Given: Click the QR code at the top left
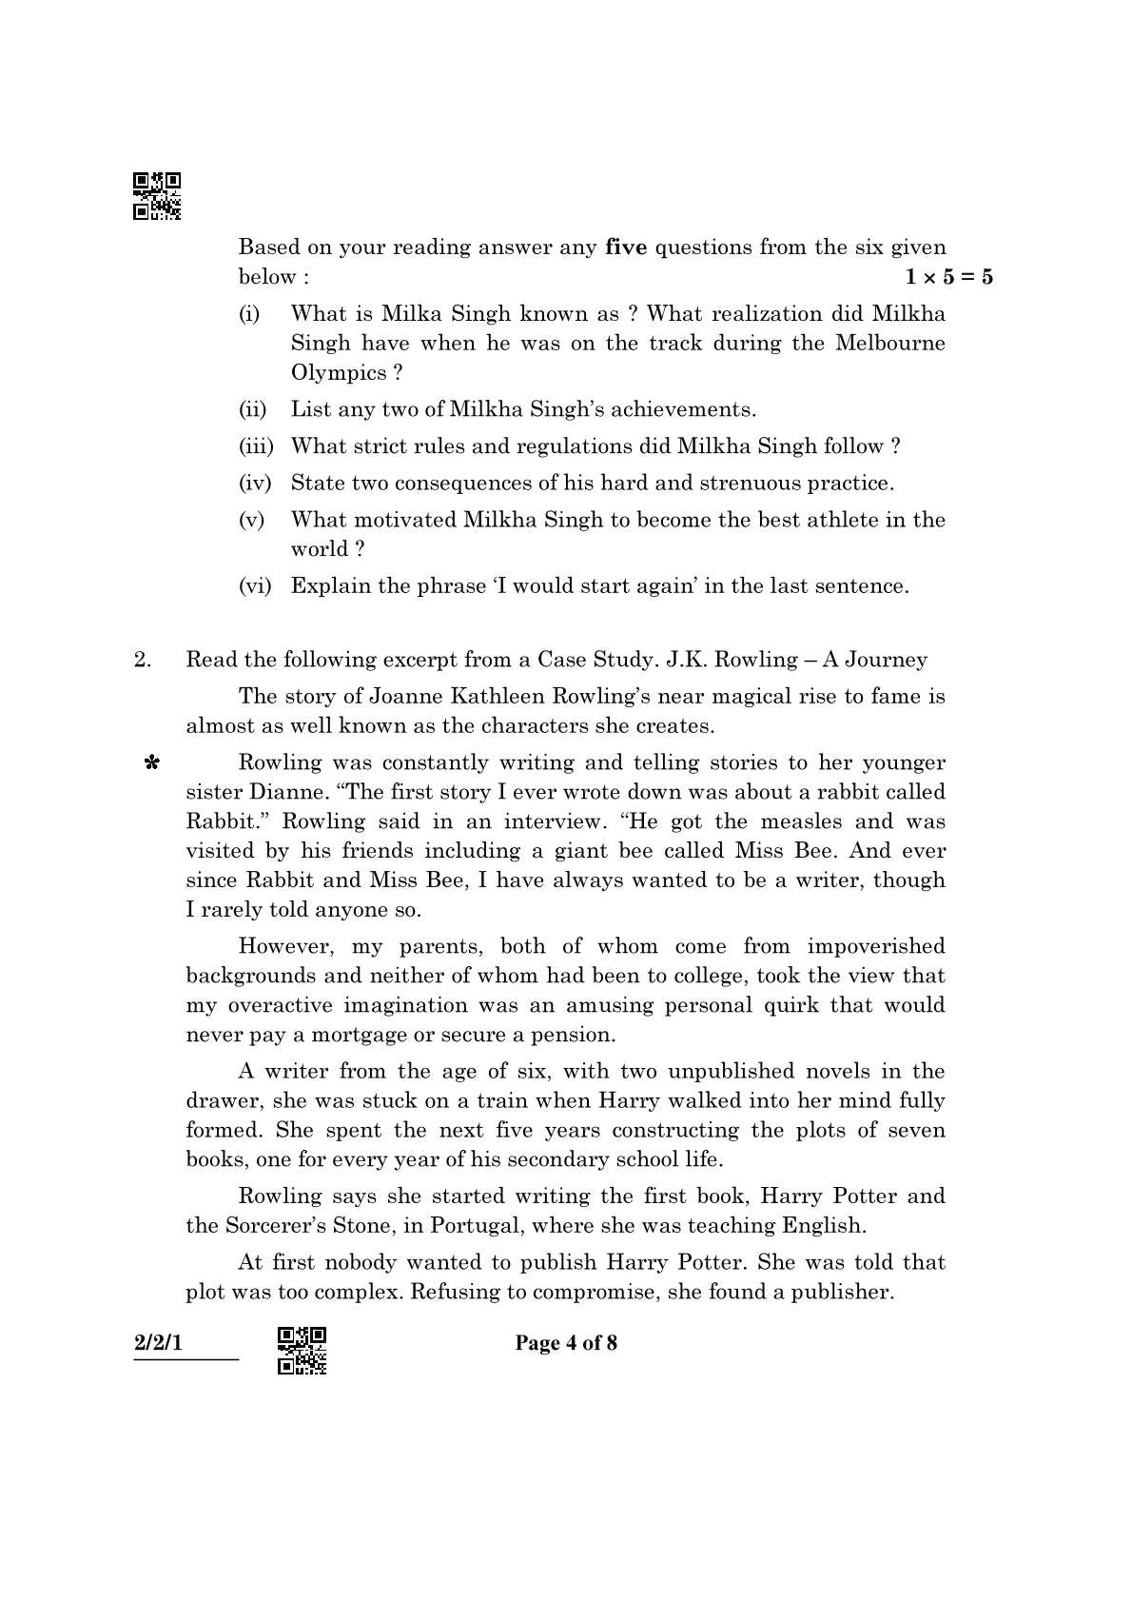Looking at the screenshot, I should (157, 196).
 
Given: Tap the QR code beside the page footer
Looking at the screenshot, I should (303, 1350).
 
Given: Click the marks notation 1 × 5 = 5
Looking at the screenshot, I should (947, 277).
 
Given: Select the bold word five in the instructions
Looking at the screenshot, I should (626, 247).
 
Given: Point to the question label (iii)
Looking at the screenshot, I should (255, 446).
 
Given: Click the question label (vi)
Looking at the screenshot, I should (255, 586).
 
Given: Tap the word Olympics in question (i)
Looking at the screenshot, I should (339, 373).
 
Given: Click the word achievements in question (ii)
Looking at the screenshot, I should (682, 410).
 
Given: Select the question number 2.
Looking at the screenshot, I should (143, 660).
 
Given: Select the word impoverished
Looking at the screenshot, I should (876, 946).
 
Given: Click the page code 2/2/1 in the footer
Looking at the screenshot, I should (158, 1343).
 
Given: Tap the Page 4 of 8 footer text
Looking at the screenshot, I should (566, 1343).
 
